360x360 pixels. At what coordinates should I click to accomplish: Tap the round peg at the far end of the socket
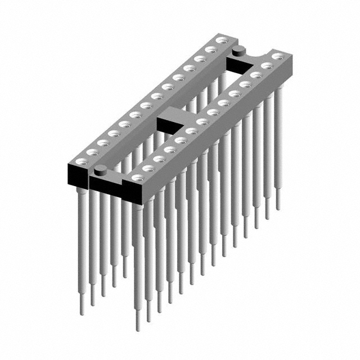(237, 52)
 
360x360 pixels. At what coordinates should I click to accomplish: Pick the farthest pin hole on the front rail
(278, 57)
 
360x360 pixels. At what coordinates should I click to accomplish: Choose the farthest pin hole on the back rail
(222, 40)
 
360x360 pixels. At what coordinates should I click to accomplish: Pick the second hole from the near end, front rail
(148, 168)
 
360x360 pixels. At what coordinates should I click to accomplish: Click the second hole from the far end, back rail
(211, 49)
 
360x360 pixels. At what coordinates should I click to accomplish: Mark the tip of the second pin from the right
(267, 217)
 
